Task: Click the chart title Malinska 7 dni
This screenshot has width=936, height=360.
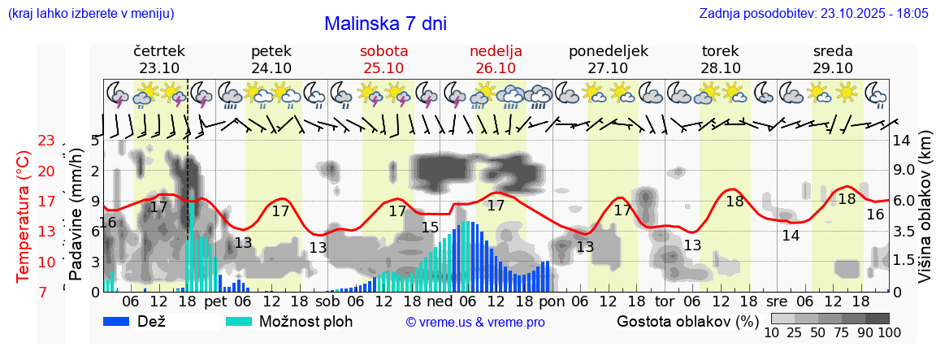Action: click(385, 24)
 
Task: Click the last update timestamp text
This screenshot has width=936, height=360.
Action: click(813, 14)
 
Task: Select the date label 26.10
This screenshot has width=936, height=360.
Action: click(496, 68)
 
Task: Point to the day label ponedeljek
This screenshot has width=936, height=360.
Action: click(608, 51)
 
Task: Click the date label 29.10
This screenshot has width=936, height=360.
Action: click(833, 68)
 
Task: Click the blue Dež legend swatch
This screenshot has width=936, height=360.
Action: click(122, 321)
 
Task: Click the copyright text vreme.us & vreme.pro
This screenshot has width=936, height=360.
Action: click(475, 322)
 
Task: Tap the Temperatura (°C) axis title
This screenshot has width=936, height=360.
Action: click(24, 216)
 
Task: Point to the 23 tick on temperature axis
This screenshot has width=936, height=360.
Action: click(46, 141)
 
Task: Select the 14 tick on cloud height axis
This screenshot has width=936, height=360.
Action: click(901, 140)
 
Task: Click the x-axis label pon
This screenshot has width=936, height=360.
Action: click(552, 301)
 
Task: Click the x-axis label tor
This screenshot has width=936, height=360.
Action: click(665, 301)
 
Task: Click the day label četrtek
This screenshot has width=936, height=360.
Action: click(158, 51)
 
